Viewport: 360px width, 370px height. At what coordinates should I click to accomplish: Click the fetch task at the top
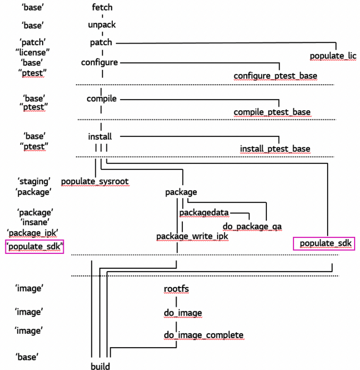pos(102,8)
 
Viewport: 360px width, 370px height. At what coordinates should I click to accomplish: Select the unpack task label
pos(102,24)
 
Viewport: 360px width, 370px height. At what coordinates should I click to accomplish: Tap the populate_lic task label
pos(333,55)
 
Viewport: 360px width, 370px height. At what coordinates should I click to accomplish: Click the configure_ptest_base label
pos(275,76)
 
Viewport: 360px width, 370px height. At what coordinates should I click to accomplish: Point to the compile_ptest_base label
pos(272,112)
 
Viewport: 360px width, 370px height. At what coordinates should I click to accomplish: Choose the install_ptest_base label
pos(275,149)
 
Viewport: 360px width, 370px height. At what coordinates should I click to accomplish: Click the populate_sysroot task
pos(95,182)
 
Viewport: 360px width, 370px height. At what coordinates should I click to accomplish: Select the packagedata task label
pos(204,213)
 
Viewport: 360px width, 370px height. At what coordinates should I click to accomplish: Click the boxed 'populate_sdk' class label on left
pos(34,246)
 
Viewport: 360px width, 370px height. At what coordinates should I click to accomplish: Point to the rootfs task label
pos(177,289)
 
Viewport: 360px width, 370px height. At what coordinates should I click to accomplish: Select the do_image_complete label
pos(204,335)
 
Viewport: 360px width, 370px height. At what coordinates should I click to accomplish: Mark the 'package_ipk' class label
pos(32,233)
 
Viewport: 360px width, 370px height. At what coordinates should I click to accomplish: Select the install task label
pos(100,137)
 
